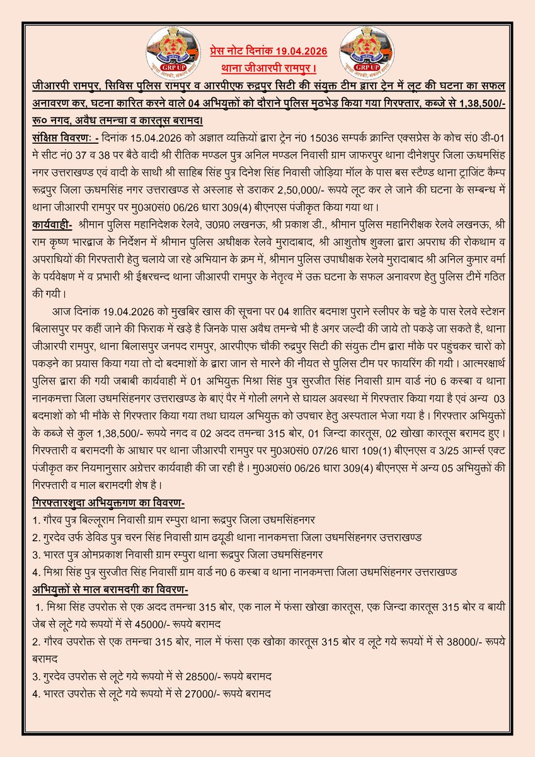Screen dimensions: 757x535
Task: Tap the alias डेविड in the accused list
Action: point(93,537)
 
